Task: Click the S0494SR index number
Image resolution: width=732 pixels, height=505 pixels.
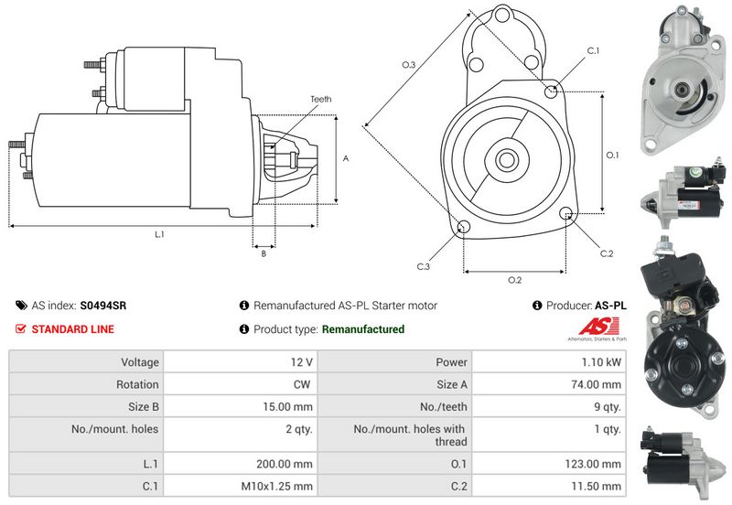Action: coord(102,306)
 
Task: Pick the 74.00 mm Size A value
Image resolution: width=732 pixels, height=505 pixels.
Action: coord(597,384)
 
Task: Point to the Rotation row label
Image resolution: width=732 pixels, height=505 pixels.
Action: coord(137,384)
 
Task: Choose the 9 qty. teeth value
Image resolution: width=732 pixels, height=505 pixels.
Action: coord(608,407)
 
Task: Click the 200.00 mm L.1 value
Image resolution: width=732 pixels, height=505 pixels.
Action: coord(285,464)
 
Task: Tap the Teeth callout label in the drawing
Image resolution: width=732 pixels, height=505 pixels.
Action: coord(321,99)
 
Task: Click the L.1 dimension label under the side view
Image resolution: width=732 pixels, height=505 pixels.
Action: coord(159,234)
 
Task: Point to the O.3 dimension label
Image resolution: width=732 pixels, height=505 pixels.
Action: coord(408,65)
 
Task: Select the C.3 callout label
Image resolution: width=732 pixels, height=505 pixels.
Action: coord(423,266)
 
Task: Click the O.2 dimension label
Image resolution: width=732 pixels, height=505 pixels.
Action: coord(514,280)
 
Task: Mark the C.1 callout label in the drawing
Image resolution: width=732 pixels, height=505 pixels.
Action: coord(593,50)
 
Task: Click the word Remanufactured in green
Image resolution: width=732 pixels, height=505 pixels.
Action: coord(363,329)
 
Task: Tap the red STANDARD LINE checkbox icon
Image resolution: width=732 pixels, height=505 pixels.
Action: coord(20,329)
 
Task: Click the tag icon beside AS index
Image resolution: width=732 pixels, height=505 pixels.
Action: coord(21,306)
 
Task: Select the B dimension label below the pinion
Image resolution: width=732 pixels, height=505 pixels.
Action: coord(264,253)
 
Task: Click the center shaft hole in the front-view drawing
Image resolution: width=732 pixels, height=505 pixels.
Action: coord(507,160)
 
